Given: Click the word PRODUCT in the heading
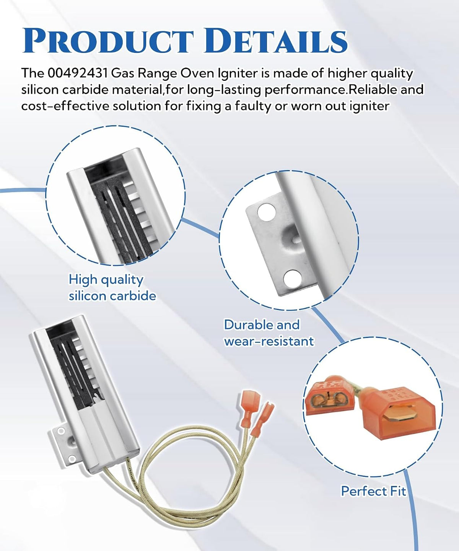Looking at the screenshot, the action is (x=108, y=41).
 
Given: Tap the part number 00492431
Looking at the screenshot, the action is (x=78, y=73).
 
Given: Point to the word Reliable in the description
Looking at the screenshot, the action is (x=373, y=90).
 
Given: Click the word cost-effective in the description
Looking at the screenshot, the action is (x=65, y=106).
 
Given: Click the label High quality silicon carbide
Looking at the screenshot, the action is (x=112, y=288).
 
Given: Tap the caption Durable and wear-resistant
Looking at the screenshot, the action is (x=269, y=333).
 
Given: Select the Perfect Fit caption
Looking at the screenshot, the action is (x=373, y=491).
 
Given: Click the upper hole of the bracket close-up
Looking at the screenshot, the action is (x=267, y=212).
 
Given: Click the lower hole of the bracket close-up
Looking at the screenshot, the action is (x=293, y=279).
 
